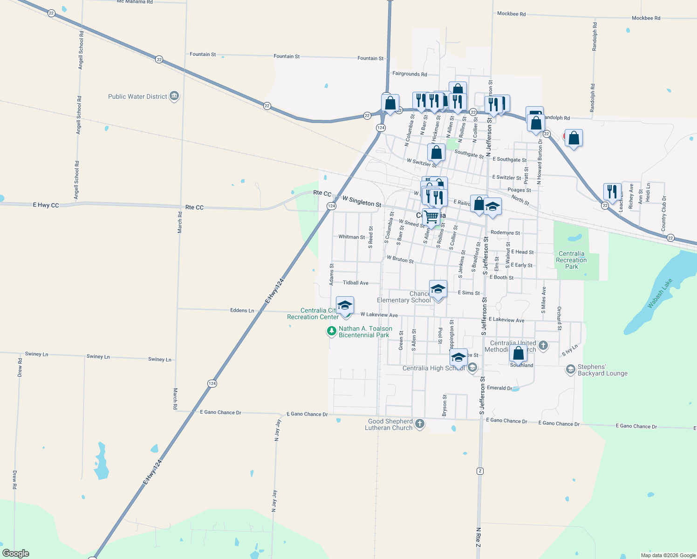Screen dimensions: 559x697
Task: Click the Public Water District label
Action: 137,97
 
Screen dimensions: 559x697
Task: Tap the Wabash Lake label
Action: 661,293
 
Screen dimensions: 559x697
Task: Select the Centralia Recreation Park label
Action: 571,260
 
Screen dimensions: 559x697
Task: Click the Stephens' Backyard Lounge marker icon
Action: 570,370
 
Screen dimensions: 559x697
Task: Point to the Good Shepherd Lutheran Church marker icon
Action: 420,424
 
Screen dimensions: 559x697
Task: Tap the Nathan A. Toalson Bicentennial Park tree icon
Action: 331,331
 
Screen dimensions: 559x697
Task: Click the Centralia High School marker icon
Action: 472,368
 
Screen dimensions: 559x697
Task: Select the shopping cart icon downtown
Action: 431,217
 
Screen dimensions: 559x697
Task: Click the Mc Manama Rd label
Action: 135,2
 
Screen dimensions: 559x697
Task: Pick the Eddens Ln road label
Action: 242,310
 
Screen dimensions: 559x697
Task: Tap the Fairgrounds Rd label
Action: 410,74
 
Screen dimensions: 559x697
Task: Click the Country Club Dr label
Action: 663,213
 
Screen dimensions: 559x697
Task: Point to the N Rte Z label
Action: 478,537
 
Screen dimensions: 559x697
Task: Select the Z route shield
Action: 480,471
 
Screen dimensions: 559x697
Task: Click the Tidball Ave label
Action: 355,283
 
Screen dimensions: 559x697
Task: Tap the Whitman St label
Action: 352,237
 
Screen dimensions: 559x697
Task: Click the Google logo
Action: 16,553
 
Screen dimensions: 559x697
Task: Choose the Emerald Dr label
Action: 499,388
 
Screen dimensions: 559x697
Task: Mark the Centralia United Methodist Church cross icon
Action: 543,346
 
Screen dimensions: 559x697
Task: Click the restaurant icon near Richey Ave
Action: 612,191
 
